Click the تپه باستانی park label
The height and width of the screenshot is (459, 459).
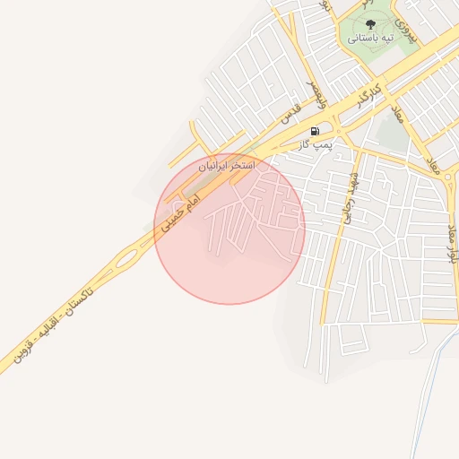(371, 39)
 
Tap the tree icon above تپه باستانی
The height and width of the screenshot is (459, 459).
(371, 24)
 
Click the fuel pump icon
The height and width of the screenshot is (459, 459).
(315, 131)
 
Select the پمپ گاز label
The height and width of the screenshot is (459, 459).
(315, 143)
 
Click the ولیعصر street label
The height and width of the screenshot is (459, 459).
(316, 91)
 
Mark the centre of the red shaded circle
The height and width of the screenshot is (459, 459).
(229, 229)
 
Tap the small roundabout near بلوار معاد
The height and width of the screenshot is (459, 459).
(448, 178)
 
